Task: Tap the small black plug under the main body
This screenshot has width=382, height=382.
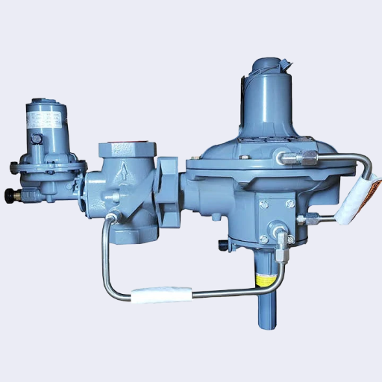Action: pyautogui.click(x=222, y=245)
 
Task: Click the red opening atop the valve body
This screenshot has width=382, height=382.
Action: pyautogui.click(x=122, y=144)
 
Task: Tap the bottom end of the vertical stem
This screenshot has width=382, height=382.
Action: pyautogui.click(x=266, y=323)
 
